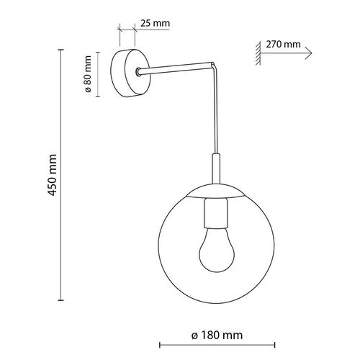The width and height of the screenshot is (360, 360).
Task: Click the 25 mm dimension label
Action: tap(155, 23)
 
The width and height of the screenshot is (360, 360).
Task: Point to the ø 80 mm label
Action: tap(87, 73)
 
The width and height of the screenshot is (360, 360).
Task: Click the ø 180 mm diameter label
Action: tap(217, 336)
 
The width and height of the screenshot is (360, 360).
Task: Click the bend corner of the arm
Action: tap(214, 66)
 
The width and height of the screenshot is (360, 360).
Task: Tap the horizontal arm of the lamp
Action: tap(176, 69)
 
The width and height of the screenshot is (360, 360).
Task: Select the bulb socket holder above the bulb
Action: tap(217, 213)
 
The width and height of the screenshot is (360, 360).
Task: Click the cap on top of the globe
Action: tap(217, 193)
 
